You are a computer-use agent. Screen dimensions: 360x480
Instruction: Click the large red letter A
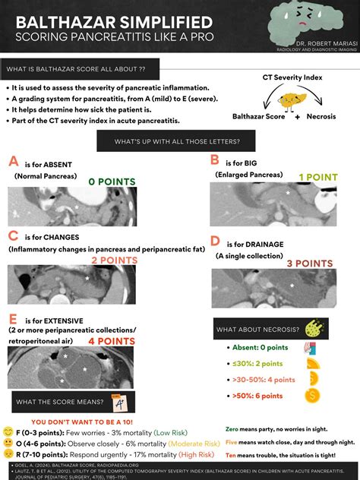point(13,162)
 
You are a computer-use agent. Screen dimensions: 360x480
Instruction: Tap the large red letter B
point(215,160)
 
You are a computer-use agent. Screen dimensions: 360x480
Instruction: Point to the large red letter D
point(215,242)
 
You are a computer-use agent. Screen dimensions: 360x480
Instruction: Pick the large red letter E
point(12,318)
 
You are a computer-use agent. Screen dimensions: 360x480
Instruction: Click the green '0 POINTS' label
point(112,182)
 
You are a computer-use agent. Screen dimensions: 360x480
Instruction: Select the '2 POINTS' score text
point(115,260)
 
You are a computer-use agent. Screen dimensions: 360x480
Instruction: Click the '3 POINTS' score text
point(310,264)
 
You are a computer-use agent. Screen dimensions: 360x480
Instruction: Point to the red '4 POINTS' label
point(112,342)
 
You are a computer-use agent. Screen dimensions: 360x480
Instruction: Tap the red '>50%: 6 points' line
point(257,396)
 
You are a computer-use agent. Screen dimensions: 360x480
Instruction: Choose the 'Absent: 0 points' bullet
point(261,347)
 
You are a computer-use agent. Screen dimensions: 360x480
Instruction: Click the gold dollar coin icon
point(311,395)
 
